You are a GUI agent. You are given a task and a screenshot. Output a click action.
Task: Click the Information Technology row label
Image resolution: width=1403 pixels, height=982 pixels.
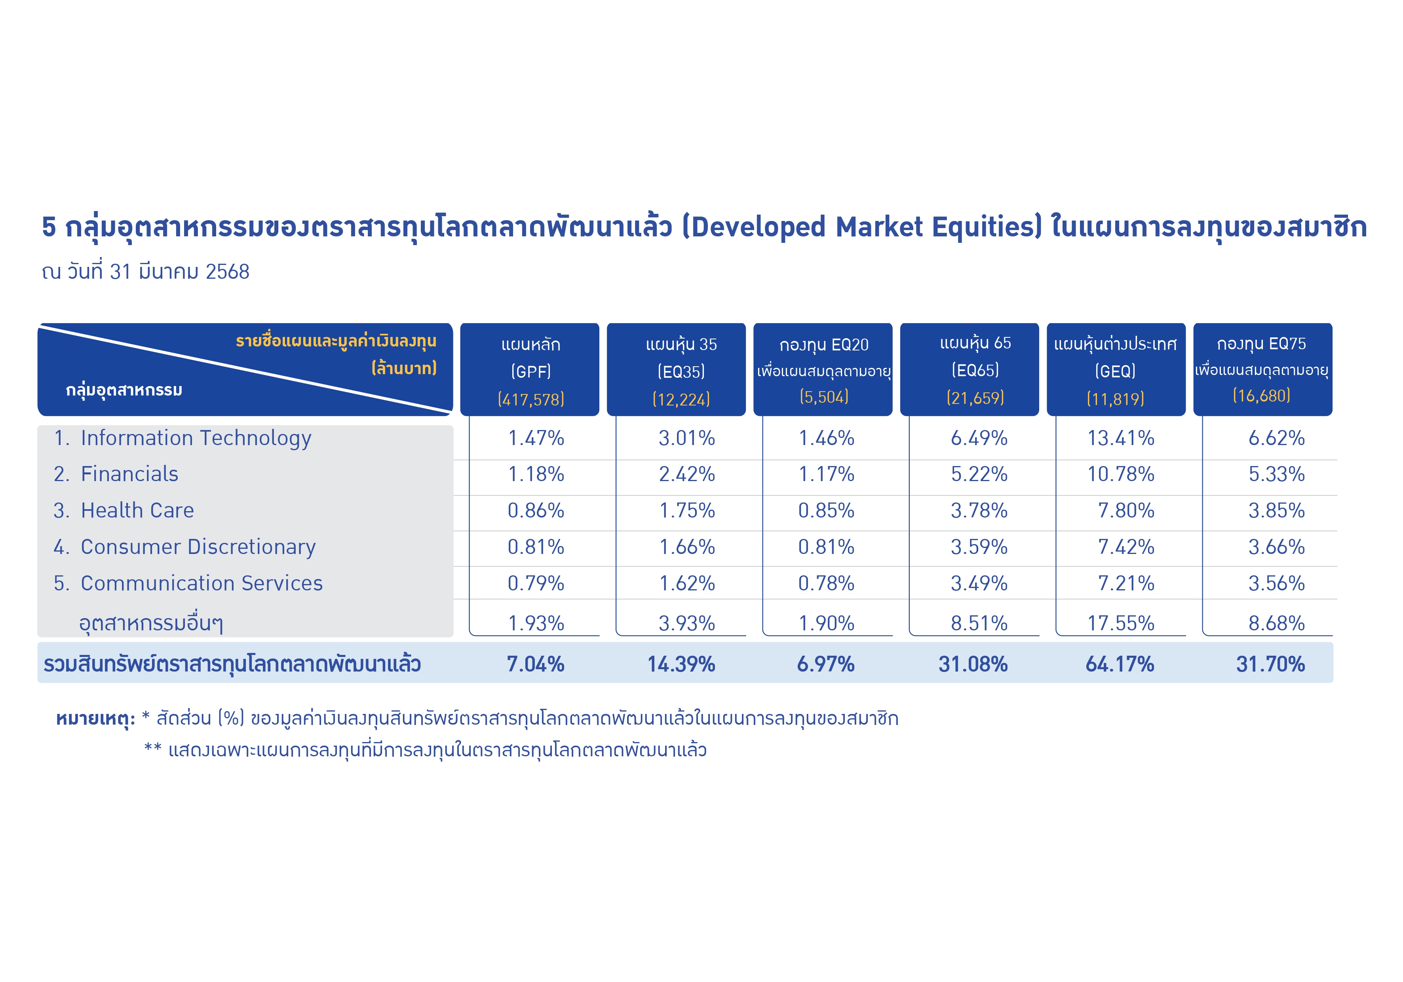coord(183,439)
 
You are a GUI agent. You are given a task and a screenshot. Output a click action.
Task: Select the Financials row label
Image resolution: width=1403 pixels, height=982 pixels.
coord(116,474)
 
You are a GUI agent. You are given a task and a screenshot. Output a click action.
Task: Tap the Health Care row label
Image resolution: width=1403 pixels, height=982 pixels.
coord(124,510)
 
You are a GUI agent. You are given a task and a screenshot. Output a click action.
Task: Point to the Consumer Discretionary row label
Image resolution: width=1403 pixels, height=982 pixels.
coord(184,547)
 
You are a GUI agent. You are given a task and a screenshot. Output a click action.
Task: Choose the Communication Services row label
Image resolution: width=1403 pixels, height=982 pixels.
coord(188,583)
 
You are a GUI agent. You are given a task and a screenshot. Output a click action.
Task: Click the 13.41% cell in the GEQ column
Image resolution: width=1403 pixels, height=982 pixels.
coord(1121,438)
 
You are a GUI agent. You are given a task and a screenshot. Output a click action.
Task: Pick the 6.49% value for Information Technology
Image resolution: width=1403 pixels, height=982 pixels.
coord(979,438)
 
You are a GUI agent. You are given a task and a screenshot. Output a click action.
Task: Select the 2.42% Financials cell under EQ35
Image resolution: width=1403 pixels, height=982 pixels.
coord(687,474)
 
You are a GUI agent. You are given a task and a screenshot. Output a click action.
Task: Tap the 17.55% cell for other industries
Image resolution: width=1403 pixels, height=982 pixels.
coord(1121,623)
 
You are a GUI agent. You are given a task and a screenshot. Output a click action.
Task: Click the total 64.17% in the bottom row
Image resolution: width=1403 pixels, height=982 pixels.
coord(1120,664)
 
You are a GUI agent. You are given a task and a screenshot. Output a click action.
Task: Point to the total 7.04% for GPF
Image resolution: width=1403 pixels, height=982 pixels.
coord(535,664)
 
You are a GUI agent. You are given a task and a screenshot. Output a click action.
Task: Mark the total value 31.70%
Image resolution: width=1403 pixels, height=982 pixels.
coord(1270,664)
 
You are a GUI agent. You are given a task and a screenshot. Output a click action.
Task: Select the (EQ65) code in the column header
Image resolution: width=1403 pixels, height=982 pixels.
coord(975,370)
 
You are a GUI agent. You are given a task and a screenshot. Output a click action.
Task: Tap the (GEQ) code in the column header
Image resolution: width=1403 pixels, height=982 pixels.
coord(1115,371)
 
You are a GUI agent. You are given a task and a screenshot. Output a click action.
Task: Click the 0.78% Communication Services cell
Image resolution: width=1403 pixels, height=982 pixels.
coord(826,583)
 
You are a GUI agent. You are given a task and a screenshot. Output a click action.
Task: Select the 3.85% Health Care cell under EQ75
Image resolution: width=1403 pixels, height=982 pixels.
coord(1276,510)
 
